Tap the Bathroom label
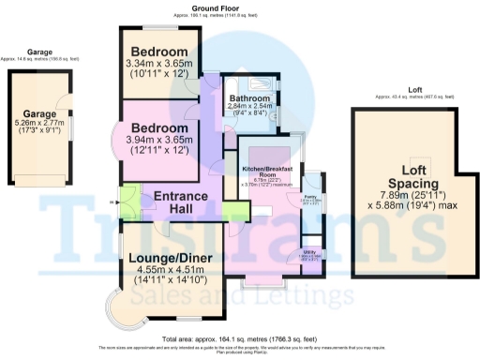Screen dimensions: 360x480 (x=250, y=98)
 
